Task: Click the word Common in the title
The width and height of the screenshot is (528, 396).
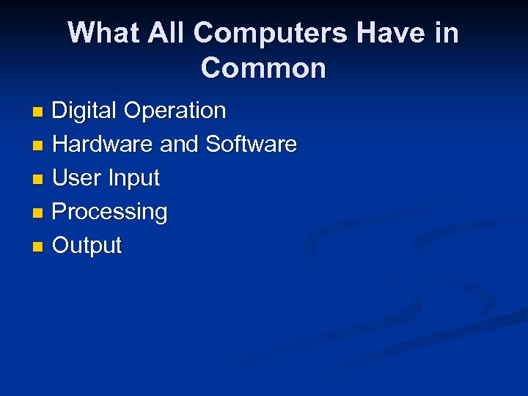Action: coord(263,68)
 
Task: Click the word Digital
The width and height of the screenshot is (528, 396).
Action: coord(84,111)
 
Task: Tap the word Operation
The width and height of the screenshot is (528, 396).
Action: coord(175,111)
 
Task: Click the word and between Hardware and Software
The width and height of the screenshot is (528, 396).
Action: coord(180,144)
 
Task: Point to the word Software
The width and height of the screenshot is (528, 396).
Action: coord(252,144)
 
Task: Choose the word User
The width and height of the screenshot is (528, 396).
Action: coord(76,178)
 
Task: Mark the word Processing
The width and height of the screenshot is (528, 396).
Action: coord(110,212)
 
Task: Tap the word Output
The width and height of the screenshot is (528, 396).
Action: coord(87,246)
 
